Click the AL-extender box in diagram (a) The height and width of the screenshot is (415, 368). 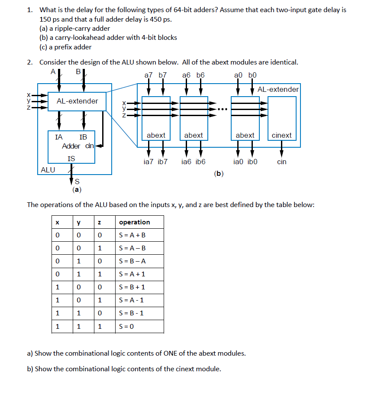77,101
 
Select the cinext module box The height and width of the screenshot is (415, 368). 282,118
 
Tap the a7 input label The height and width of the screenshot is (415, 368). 148,75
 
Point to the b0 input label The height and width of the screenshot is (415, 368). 252,75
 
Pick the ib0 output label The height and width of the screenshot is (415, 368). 253,162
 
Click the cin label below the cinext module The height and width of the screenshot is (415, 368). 281,162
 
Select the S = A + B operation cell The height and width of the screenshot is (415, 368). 132,235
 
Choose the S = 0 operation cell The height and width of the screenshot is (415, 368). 127,326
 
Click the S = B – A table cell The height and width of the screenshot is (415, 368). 132,261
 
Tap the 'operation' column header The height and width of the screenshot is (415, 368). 135,222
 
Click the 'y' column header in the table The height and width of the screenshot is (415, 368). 78,222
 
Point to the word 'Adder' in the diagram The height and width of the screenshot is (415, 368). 71,146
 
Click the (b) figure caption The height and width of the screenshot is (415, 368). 219,174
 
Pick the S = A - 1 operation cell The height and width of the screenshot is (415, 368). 132,300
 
